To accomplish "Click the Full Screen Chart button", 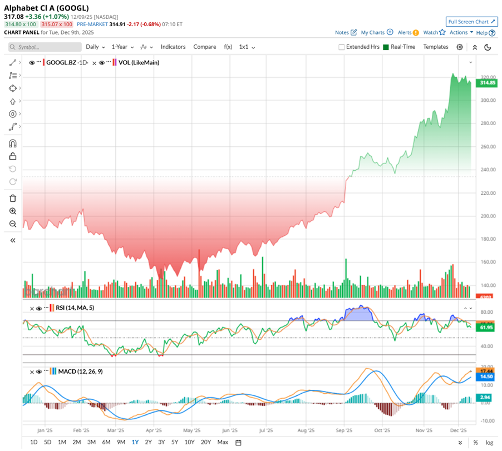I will [x=471, y=22].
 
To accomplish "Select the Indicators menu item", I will [x=173, y=47].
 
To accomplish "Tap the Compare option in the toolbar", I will [x=205, y=47].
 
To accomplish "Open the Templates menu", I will [x=435, y=47].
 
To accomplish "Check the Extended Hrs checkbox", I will [x=342, y=47].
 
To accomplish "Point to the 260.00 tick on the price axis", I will [x=488, y=147].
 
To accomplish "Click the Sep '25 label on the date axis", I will [x=344, y=430].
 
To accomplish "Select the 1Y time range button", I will [x=135, y=442].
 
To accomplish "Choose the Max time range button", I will [x=223, y=442].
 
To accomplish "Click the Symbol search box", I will [x=45, y=47].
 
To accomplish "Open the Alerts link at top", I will [x=405, y=33].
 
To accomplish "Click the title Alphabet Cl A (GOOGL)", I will [x=46, y=8].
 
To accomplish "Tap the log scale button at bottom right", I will [x=489, y=443].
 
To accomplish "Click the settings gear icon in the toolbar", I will [x=460, y=47].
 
